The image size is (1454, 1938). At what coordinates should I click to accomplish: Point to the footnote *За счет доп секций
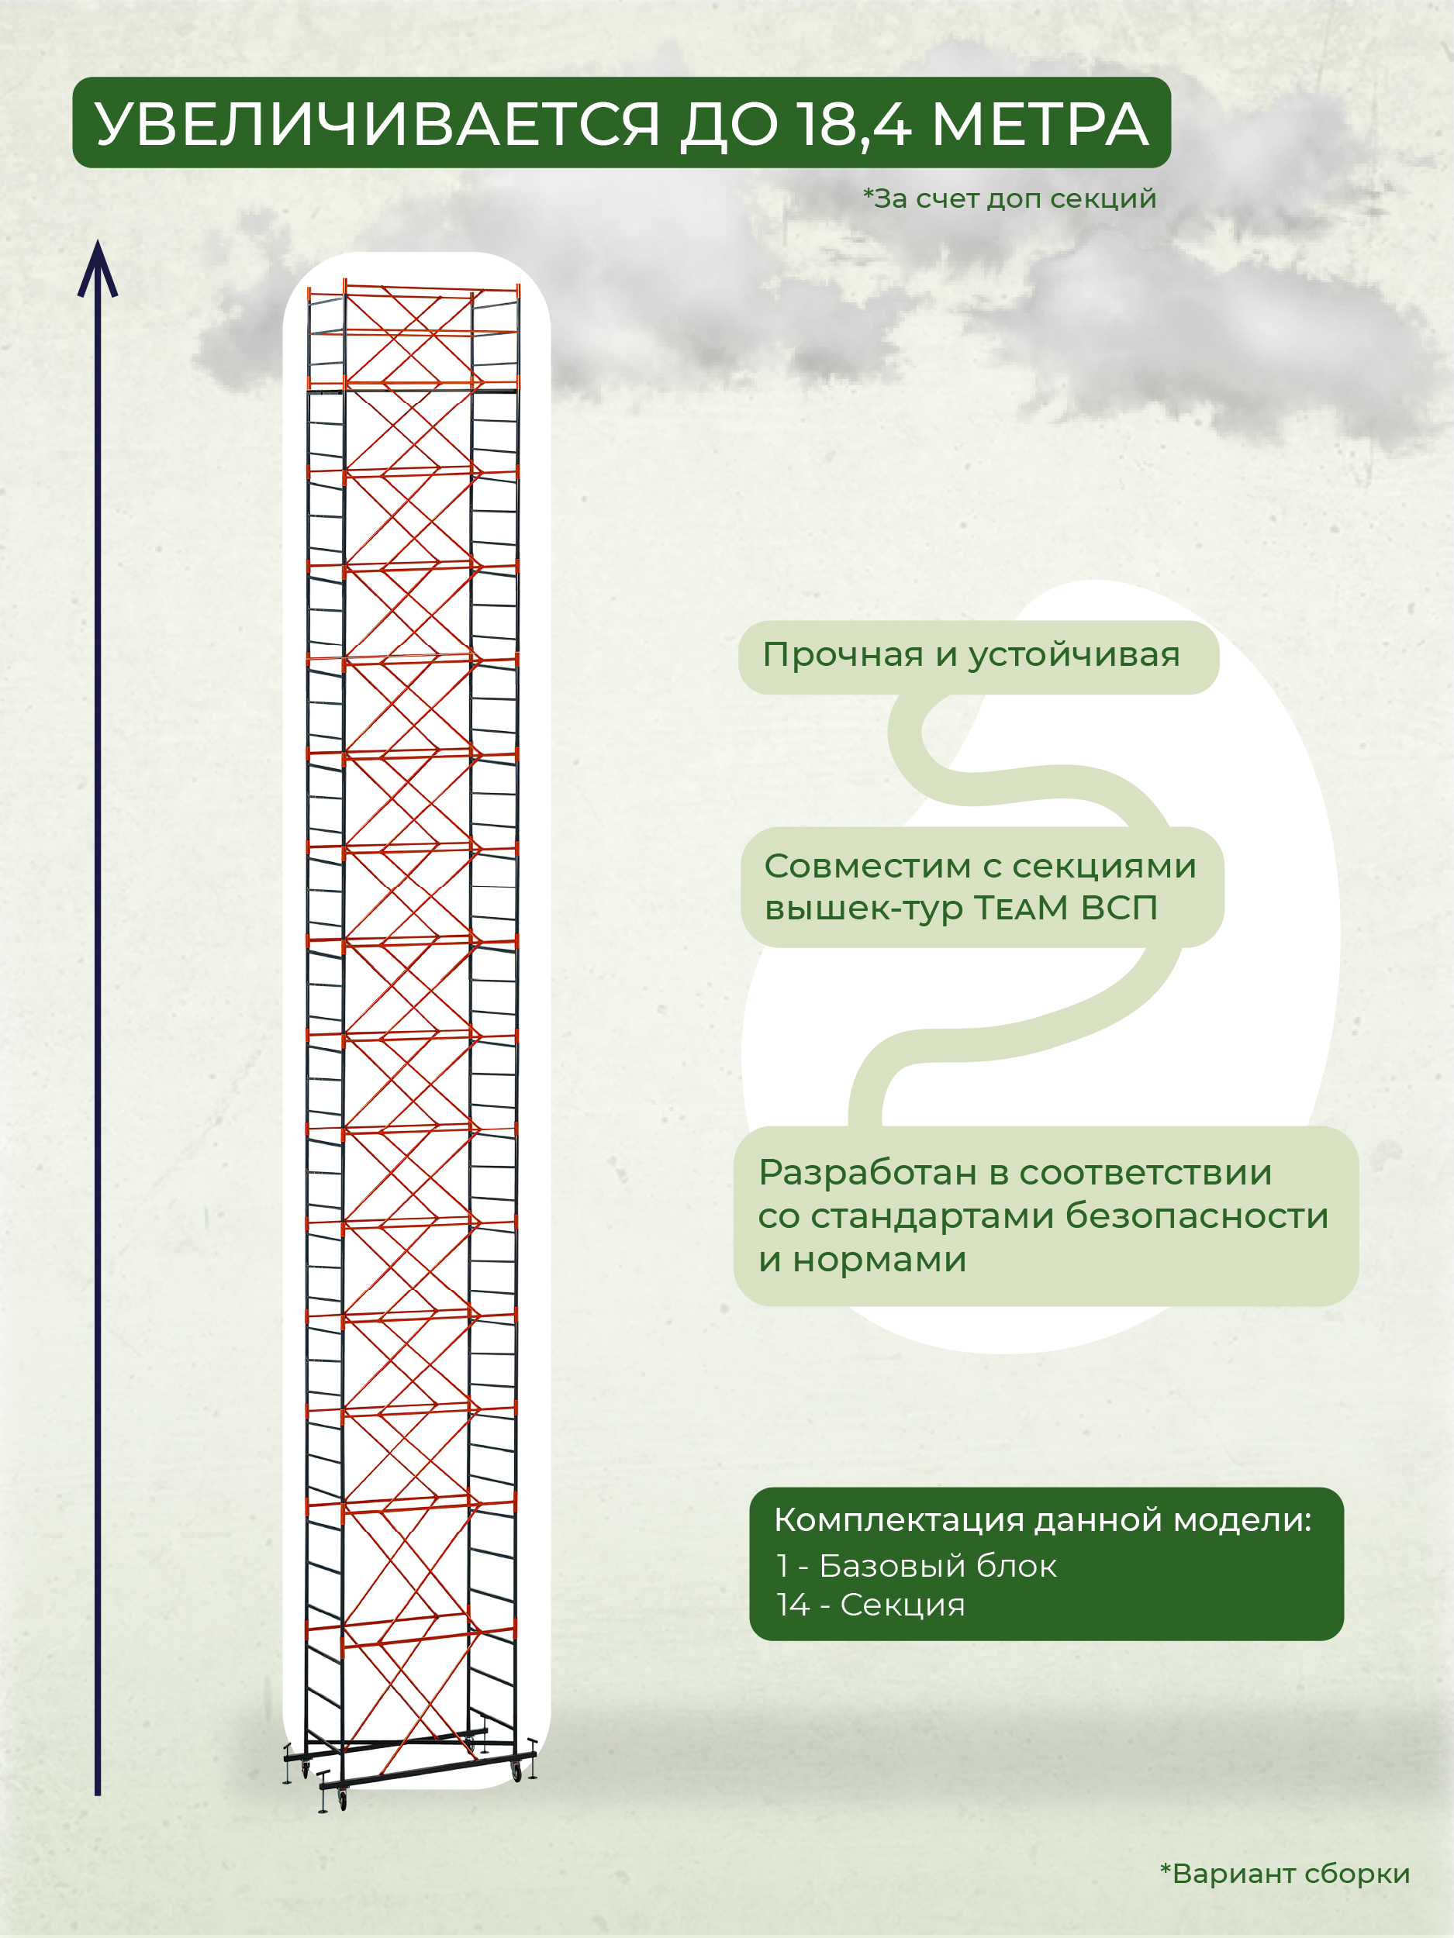[x=1010, y=199]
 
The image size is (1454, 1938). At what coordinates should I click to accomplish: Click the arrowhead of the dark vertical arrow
[x=97, y=267]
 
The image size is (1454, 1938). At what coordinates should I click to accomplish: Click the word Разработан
[x=867, y=1173]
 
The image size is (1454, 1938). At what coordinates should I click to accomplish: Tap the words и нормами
[x=862, y=1260]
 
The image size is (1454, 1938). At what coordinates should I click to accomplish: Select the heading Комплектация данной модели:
[x=1042, y=1520]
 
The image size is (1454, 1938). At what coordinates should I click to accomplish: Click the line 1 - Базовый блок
[x=916, y=1566]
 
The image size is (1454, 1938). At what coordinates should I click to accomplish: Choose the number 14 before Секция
[x=793, y=1605]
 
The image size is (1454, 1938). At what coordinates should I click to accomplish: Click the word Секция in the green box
[x=902, y=1605]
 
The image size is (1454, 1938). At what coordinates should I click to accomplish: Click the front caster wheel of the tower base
[x=342, y=1802]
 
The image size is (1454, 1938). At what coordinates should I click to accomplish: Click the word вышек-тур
[x=863, y=909]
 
